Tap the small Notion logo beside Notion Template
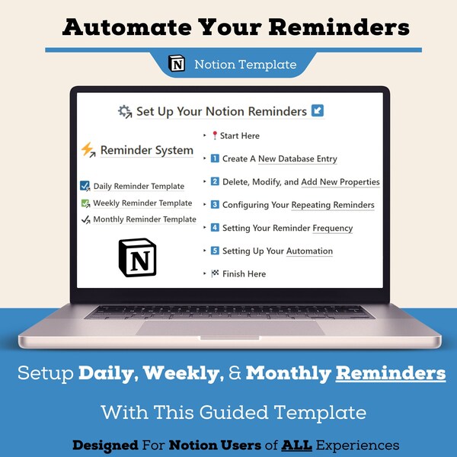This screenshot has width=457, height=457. [177, 64]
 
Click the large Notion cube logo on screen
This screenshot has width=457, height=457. [137, 257]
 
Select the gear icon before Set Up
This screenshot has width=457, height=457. [125, 112]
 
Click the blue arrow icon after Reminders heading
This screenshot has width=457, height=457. [318, 111]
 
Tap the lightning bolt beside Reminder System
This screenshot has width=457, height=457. [88, 150]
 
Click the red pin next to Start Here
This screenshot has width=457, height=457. [214, 136]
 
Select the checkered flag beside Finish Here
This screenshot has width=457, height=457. [214, 273]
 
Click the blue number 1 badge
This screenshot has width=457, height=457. [215, 158]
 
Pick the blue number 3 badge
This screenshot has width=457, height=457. [215, 204]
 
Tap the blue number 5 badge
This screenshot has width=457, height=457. [215, 251]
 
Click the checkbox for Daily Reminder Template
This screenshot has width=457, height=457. [85, 186]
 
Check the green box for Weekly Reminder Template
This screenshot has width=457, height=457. [85, 203]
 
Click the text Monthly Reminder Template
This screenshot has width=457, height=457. [145, 219]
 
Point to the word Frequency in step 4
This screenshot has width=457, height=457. [332, 228]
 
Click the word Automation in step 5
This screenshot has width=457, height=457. [309, 251]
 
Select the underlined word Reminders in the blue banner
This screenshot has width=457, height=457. [391, 373]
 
